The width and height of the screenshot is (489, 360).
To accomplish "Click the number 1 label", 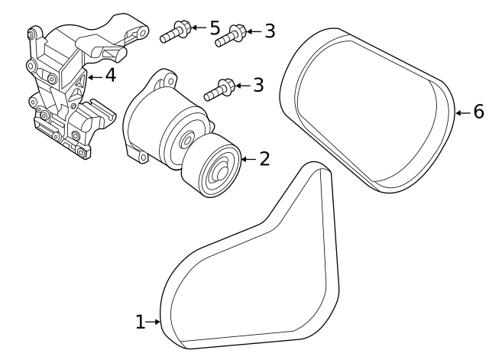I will [x=140, y=323].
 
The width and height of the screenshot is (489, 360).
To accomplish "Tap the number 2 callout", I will [x=264, y=159].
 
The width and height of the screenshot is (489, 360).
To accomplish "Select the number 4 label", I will [x=110, y=76].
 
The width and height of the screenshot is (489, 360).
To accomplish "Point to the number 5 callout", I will [x=215, y=28].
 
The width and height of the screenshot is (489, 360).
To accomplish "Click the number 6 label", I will [x=478, y=112].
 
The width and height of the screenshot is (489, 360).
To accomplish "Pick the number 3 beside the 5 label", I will [x=269, y=31].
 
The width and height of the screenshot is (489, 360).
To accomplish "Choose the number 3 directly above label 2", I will [x=257, y=85].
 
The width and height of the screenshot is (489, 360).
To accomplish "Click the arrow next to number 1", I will [x=154, y=323].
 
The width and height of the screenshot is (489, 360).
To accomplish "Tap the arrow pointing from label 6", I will [x=461, y=113].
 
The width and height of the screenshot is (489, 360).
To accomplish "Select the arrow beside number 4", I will [x=94, y=77].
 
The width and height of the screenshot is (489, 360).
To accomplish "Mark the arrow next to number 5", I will [x=197, y=28].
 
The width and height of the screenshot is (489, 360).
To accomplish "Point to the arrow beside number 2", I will [x=248, y=159].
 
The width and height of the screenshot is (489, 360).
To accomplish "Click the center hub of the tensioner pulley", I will [x=222, y=172].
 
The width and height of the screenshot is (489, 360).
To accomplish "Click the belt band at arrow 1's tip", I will [x=164, y=323].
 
